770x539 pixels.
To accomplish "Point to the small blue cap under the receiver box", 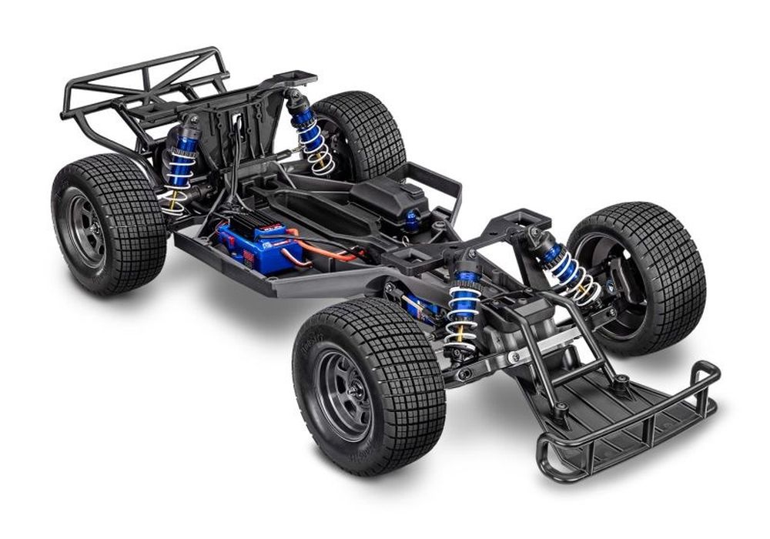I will pyautogui.click(x=412, y=221).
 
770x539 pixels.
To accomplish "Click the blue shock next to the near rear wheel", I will pyautogui.click(x=182, y=166).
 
